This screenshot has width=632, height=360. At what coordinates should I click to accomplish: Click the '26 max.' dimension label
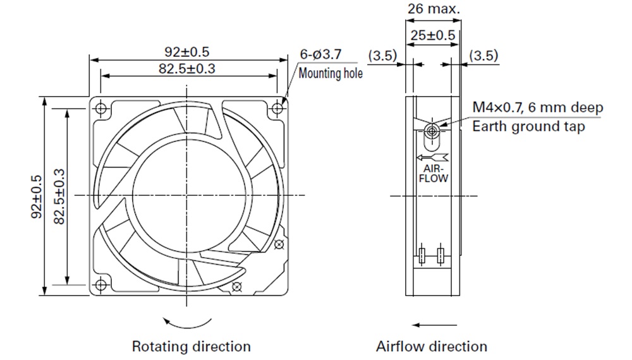coord(434,9)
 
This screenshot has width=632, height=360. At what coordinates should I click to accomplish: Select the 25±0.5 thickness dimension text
coord(432,35)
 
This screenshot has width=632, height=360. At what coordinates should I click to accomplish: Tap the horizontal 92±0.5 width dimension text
coord(187,52)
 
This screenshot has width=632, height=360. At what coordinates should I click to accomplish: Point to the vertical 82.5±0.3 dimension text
coord(59,196)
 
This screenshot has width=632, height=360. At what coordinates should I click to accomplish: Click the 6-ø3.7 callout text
coord(320,54)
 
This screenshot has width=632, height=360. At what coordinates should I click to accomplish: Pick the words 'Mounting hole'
coord(330,73)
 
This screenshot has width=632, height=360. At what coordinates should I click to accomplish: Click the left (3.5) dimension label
coord(382,55)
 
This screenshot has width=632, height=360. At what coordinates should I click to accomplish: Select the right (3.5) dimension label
coord(483,55)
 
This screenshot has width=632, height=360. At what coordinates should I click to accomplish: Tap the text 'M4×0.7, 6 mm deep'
coord(538,107)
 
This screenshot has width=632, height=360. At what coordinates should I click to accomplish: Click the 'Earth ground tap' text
coord(528,126)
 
